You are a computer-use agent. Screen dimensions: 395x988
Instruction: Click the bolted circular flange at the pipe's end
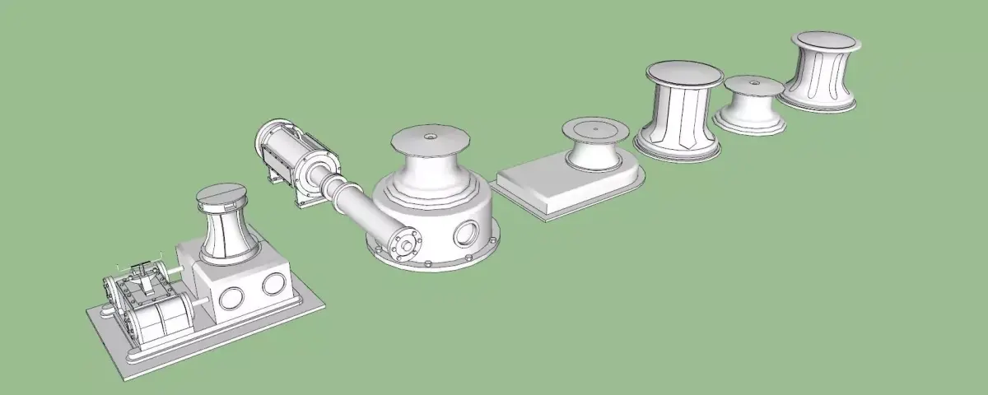click(404, 244)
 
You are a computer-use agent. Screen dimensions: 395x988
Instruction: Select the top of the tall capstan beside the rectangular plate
click(684, 72)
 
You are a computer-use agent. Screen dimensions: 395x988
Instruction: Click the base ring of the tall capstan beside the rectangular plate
click(678, 151)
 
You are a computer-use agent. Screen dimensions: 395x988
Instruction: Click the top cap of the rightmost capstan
click(823, 42)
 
